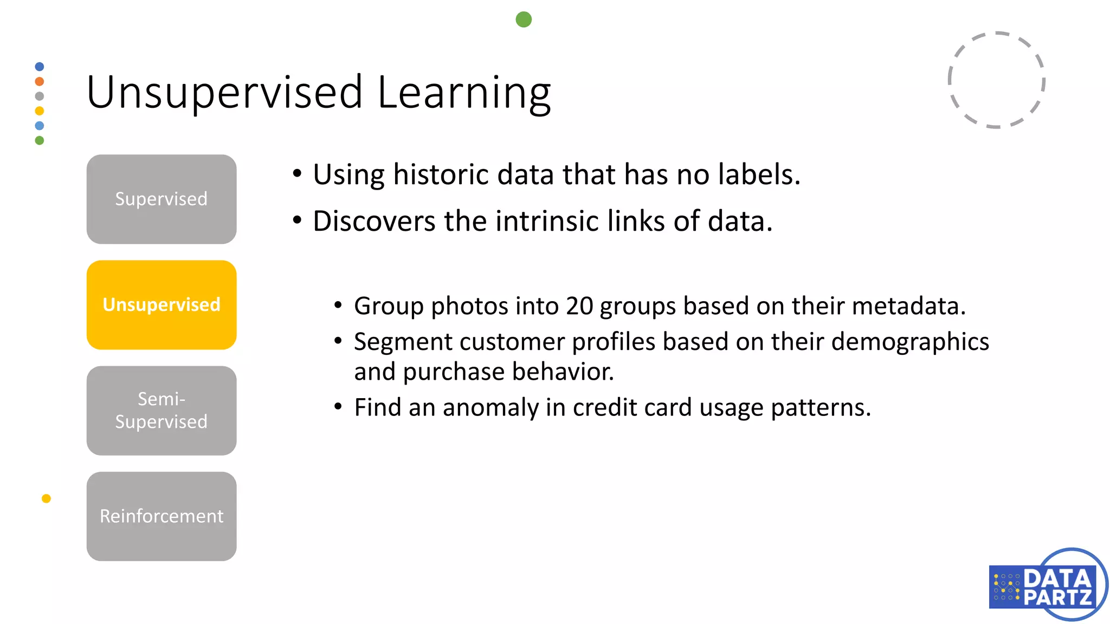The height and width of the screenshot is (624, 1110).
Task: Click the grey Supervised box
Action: (162, 199)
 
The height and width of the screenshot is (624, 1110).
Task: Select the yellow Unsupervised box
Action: (162, 304)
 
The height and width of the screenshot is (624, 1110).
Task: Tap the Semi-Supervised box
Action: (162, 410)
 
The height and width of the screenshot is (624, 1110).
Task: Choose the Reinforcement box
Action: (162, 516)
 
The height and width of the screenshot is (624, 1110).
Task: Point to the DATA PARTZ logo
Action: (1047, 585)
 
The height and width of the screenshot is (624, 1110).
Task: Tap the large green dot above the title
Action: (524, 19)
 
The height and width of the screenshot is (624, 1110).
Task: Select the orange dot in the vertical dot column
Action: (40, 81)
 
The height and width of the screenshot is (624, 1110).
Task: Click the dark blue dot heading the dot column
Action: (40, 67)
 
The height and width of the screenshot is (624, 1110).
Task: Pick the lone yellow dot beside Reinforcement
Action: (46, 498)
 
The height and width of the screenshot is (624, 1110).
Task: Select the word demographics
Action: (910, 342)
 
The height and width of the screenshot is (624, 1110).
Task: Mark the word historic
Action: (441, 174)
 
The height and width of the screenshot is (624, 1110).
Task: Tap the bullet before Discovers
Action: (297, 220)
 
